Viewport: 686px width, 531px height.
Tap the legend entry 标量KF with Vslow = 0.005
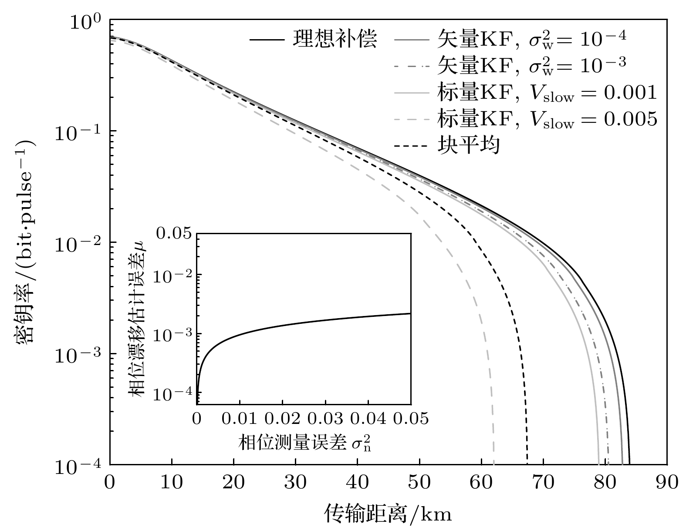[547, 119]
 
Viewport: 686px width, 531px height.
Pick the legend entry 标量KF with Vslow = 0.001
[547, 92]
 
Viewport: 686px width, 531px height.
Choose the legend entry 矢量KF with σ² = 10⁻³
[531, 66]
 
